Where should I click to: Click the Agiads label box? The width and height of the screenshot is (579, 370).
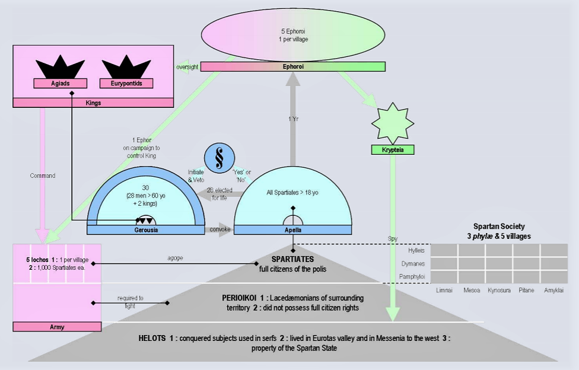[56, 84]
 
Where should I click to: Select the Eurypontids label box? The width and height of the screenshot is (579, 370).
[126, 84]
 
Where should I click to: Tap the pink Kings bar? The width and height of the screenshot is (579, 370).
[93, 103]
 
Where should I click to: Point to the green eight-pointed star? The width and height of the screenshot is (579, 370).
[392, 122]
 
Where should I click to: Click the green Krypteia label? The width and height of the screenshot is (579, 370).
[392, 150]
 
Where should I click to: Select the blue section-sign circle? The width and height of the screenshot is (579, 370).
[221, 158]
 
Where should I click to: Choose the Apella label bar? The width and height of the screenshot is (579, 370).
[292, 230]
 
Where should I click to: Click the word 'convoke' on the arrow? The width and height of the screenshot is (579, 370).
[219, 229]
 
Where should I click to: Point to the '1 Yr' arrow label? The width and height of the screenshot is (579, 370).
[293, 119]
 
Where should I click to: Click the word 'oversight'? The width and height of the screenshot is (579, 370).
[186, 66]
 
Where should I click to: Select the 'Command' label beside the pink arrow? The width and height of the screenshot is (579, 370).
[42, 176]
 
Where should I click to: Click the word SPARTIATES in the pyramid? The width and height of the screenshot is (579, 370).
[293, 259]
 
